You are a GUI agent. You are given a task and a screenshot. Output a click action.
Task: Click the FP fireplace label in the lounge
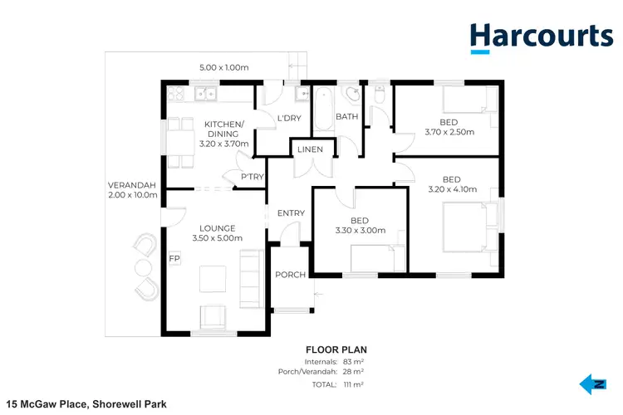coord(174,259)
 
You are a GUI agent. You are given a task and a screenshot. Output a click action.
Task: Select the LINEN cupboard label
coord(311,150)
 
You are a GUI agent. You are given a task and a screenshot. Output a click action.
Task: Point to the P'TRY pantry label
coord(253,177)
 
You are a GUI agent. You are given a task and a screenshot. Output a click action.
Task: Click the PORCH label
coord(291,275)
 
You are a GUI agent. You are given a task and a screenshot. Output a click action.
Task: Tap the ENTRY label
coord(291,213)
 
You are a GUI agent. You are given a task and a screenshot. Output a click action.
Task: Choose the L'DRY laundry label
coord(288,118)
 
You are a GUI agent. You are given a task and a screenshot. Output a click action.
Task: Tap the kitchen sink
coord(206,94)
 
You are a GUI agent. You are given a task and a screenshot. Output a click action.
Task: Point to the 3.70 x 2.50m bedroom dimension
coord(449,132)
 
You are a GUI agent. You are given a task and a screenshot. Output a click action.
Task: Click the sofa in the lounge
coord(249,274)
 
